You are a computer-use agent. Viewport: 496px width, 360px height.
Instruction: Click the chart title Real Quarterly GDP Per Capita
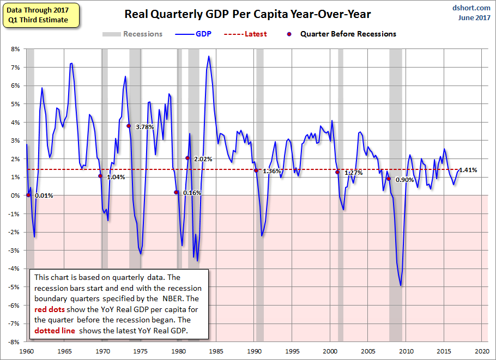[x=247, y=14]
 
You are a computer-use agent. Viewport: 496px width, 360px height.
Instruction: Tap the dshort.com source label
[x=471, y=8]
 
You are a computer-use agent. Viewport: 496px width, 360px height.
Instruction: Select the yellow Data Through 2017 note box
[x=40, y=15]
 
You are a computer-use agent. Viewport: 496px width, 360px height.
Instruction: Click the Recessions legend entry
[x=132, y=34]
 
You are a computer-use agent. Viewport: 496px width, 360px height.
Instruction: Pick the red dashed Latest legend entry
[x=245, y=34]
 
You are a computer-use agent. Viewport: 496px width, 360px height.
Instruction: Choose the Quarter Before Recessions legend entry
[x=342, y=34]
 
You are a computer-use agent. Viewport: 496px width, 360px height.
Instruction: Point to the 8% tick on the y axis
[x=15, y=49]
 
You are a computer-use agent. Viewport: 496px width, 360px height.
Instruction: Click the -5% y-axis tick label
[x=15, y=287]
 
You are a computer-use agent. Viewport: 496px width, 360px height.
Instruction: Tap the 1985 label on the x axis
[x=216, y=351]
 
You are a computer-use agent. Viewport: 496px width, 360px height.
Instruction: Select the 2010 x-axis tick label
[x=406, y=351]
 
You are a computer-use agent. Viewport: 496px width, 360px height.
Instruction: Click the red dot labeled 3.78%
[x=129, y=126]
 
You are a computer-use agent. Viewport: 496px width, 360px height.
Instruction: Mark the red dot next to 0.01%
[x=28, y=195]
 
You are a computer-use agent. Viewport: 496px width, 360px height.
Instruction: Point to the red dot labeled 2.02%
[x=187, y=158]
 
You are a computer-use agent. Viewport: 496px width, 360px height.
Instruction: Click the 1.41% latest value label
[x=468, y=170]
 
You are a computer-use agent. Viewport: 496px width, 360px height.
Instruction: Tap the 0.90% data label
[x=404, y=180]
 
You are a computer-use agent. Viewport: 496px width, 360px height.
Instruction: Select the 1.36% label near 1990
[x=272, y=172]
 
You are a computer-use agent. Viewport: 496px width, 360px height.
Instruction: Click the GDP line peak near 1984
[x=208, y=56]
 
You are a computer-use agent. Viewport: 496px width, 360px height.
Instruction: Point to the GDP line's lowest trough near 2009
[x=401, y=285]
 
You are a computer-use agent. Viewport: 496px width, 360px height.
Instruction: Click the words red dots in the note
[x=50, y=309]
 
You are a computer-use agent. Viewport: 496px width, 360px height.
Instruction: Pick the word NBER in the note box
[x=172, y=298]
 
